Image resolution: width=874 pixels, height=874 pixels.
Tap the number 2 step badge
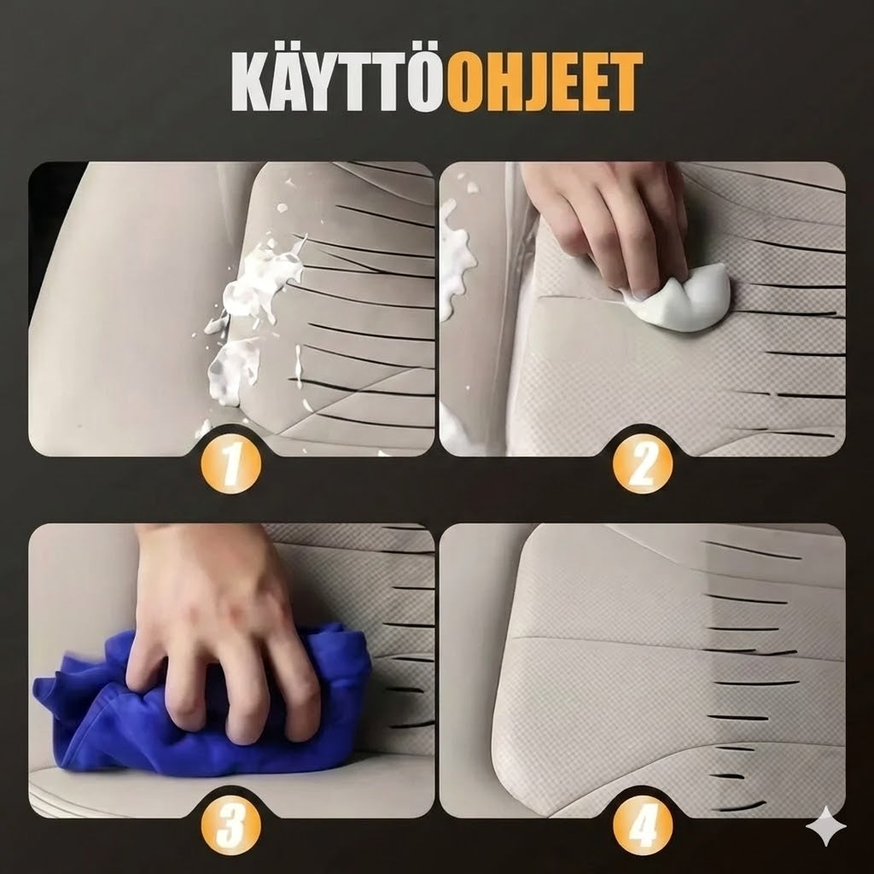click(642, 466)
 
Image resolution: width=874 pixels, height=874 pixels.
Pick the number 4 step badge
click(642, 827)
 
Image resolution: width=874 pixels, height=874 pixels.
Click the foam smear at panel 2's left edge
click(457, 256)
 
